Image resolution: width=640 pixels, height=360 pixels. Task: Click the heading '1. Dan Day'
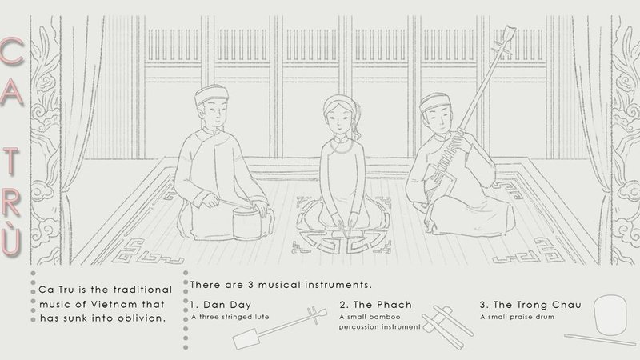[218, 305]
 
